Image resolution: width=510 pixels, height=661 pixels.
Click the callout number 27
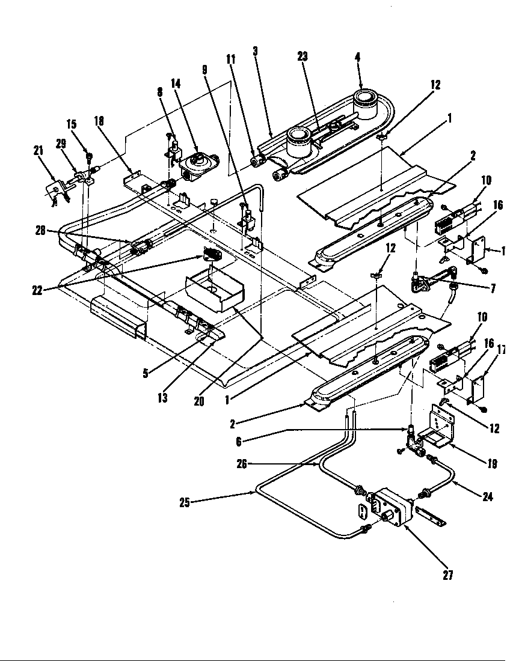447,575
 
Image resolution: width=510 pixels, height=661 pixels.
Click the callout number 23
303,56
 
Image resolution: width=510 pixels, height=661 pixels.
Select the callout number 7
493,289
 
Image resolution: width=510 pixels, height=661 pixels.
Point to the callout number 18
99,120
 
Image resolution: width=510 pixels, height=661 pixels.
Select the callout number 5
146,373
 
